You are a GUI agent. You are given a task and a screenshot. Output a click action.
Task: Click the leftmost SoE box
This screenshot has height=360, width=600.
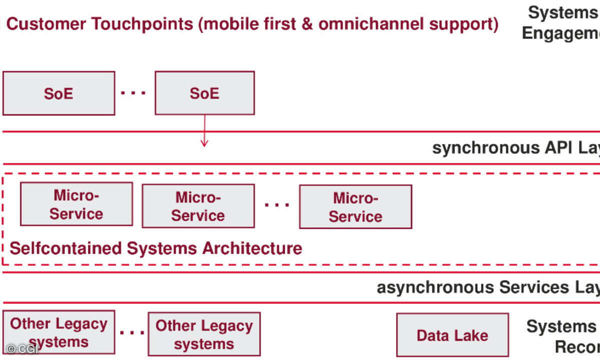click(58, 93)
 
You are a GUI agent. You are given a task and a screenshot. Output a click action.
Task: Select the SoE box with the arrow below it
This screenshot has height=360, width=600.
click(204, 93)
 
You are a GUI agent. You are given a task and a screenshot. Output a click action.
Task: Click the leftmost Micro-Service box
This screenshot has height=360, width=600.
click(76, 204)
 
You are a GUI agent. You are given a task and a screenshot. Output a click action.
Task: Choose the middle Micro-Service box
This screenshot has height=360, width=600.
click(198, 206)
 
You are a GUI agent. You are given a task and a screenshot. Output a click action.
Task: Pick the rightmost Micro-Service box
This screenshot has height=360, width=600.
click(355, 207)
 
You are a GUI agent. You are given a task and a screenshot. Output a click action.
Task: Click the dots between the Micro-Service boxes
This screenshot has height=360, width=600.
click(277, 205)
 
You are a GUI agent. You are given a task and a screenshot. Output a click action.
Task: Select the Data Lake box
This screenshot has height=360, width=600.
click(452, 335)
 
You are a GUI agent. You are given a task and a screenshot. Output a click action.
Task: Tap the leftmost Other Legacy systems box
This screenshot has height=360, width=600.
click(58, 332)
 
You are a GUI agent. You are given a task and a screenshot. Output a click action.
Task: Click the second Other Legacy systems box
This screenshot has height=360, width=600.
click(204, 334)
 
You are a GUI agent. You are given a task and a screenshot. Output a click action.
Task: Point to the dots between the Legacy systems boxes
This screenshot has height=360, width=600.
click(132, 332)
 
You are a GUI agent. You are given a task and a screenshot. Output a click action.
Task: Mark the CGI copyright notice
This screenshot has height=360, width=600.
click(22, 349)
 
